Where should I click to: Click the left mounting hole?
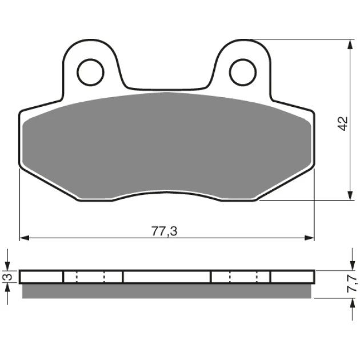point(90,73)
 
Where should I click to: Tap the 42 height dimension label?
point(343,124)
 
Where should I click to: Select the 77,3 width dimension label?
point(165,231)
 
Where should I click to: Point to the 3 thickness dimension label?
point(8,277)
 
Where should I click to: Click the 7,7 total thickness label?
point(352,284)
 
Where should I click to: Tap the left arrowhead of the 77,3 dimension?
point(25,238)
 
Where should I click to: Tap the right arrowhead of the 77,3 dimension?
point(309,238)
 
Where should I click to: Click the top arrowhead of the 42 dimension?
point(350,44)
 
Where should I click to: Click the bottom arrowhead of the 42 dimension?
point(350,195)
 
